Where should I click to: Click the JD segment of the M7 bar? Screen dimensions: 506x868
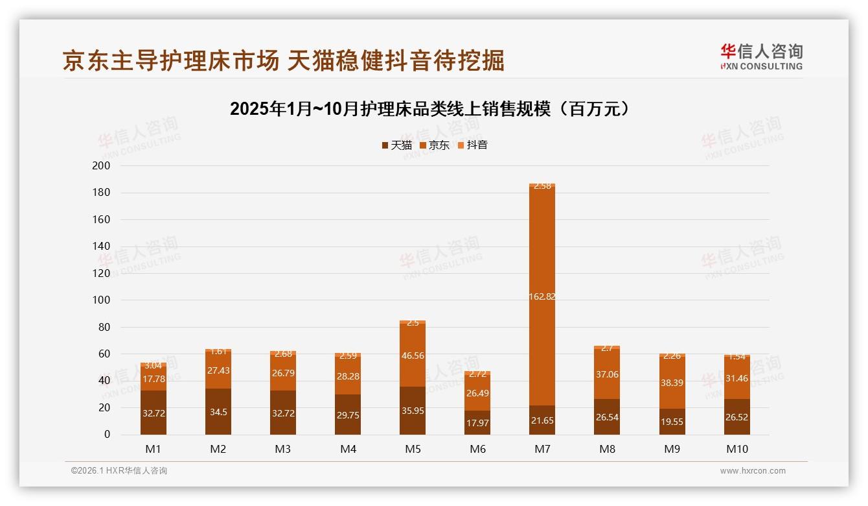(x=542, y=259)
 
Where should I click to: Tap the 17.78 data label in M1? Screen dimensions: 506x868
(x=154, y=379)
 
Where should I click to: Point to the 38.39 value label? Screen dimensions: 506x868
(x=672, y=383)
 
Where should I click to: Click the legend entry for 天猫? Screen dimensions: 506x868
(x=397, y=145)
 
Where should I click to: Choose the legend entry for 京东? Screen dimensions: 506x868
(x=435, y=145)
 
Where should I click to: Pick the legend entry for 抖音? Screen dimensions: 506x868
(x=473, y=145)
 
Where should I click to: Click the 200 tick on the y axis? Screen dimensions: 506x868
(x=102, y=166)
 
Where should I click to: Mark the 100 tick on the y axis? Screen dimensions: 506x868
(x=102, y=300)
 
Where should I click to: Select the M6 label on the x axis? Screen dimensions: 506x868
(x=477, y=449)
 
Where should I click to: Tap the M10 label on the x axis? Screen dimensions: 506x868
(x=737, y=449)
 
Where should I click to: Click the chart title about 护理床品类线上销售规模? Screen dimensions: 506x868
(x=430, y=109)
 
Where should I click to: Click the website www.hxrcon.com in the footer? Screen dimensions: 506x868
(x=753, y=471)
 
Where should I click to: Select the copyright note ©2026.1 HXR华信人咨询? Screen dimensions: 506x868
(x=119, y=471)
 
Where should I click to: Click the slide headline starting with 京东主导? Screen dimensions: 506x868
(x=284, y=60)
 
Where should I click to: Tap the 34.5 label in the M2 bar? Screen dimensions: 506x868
(x=218, y=413)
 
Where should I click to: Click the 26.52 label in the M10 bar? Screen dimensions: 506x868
(x=737, y=417)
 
